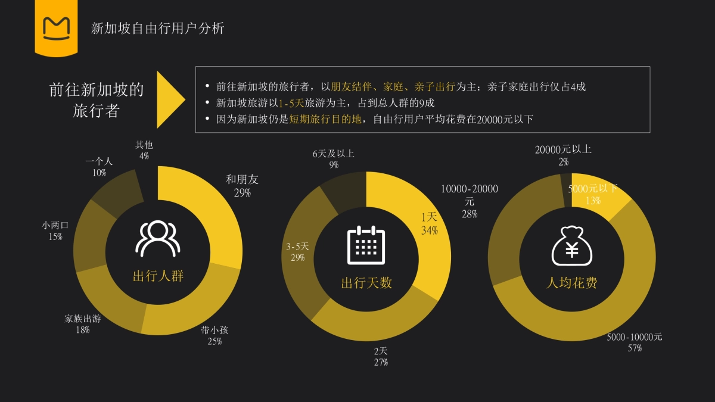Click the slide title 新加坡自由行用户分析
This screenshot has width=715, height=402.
[157, 28]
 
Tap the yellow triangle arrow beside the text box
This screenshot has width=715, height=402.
[170, 99]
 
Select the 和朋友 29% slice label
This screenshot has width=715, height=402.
[242, 186]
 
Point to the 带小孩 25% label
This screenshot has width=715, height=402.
[214, 336]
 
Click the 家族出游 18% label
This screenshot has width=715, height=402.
[82, 324]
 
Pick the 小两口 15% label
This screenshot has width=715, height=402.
[55, 231]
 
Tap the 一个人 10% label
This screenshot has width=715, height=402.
[99, 167]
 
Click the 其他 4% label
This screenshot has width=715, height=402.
[144, 150]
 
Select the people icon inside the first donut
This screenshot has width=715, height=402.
[158, 238]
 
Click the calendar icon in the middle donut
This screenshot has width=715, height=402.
[366, 245]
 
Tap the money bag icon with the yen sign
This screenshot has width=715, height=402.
[571, 245]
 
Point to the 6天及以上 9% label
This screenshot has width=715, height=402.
[334, 159]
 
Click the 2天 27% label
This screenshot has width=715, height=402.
[381, 356]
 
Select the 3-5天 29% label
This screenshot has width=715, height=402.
[297, 252]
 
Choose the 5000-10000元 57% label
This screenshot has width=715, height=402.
[635, 342]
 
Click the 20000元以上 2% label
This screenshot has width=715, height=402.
[563, 155]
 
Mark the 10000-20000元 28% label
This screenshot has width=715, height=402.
[470, 201]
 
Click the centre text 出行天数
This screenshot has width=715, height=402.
[366, 283]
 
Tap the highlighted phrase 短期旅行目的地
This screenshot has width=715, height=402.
[325, 119]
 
